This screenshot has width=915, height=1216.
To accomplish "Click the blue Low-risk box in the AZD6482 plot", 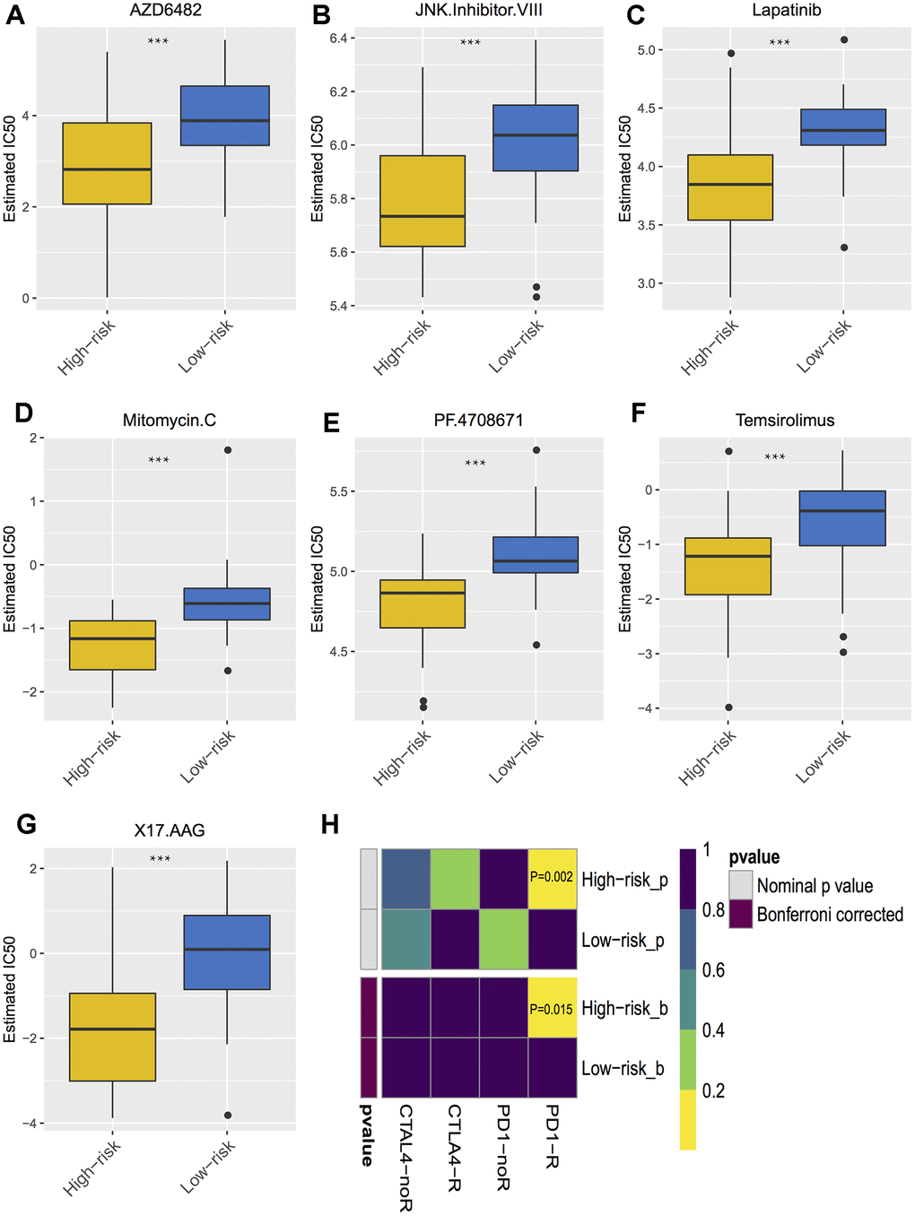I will [224, 116].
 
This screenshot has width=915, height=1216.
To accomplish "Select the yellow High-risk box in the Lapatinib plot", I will [730, 187].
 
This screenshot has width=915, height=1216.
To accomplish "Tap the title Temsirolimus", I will [785, 420].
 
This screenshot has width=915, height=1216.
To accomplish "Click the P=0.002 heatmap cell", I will [552, 878].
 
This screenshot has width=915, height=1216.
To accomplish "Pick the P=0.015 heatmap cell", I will [552, 1008].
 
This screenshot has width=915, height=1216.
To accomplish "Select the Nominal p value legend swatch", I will [740, 885].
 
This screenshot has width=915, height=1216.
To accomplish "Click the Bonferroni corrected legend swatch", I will [740, 914].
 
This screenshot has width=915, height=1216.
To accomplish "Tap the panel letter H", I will [330, 825].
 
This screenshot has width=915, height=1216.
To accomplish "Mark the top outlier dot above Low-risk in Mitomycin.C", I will [228, 450].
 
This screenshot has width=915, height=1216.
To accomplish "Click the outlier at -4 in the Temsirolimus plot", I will [728, 708].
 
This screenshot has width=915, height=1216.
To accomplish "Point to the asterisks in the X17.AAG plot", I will [160, 859].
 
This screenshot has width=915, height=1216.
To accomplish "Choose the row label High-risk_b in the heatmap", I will [624, 1009].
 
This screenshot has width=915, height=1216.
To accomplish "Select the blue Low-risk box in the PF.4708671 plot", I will [536, 555].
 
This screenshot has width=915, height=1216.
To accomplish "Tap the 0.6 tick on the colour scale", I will [713, 970].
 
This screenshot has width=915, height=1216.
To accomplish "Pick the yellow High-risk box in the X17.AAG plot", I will [113, 1037].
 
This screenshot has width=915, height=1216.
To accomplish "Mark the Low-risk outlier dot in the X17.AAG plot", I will [228, 1116].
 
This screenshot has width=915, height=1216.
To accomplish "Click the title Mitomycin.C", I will [169, 420].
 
